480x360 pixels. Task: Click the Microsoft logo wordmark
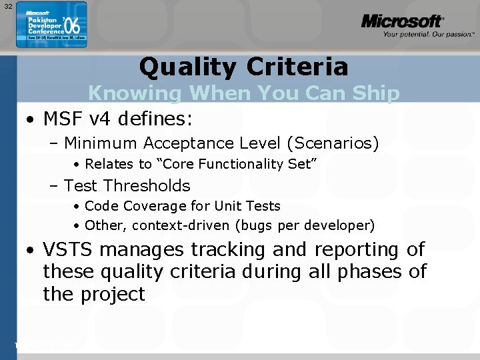point(401,21)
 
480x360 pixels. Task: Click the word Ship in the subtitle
point(376,93)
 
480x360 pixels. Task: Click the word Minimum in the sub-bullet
point(101,143)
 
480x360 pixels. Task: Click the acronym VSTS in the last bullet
point(65,249)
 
